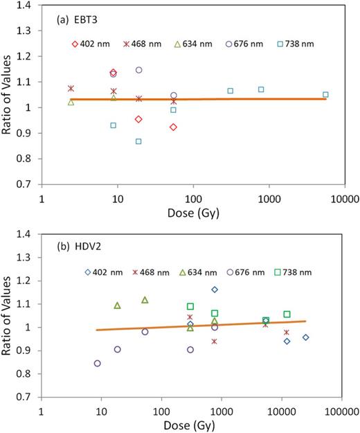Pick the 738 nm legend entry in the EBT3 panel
pyautogui.click(x=296, y=44)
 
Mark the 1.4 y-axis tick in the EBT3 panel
pyautogui.click(x=30, y=6)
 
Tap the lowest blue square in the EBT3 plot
pyautogui.click(x=138, y=141)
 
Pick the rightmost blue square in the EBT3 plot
pyautogui.click(x=325, y=94)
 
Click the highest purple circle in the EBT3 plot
pyautogui.click(x=138, y=70)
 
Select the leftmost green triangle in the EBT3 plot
pyautogui.click(x=71, y=102)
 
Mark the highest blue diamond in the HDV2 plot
pyautogui.click(x=215, y=290)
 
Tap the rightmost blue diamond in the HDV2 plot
pyautogui.click(x=305, y=337)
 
